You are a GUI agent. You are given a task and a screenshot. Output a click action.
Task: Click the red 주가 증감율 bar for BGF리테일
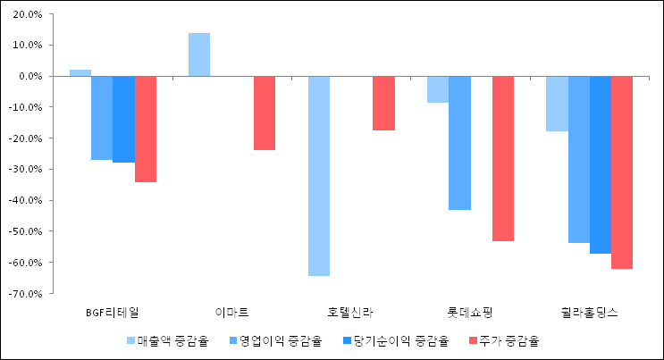pyautogui.click(x=146, y=129)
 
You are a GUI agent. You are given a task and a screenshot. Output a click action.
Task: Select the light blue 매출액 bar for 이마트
pyautogui.click(x=199, y=54)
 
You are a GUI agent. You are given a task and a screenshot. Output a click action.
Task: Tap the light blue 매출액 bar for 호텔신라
pyautogui.click(x=319, y=175)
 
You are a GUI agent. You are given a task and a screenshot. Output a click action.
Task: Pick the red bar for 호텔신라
pyautogui.click(x=383, y=103)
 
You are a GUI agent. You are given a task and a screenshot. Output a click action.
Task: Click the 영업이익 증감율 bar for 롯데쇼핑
pyautogui.click(x=459, y=143)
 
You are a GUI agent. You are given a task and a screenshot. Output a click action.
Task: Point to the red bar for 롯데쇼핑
pyautogui.click(x=503, y=158)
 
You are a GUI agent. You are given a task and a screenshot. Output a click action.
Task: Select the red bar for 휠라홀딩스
pyautogui.click(x=622, y=172)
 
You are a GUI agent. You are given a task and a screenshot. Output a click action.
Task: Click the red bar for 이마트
pyautogui.click(x=265, y=113)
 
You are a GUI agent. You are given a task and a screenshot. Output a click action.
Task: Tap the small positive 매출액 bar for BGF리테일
pyautogui.click(x=80, y=72)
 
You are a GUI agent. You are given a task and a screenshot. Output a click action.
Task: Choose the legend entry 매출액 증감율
pyautogui.click(x=166, y=340)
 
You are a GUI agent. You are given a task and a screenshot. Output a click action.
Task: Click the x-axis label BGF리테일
pyautogui.click(x=113, y=313)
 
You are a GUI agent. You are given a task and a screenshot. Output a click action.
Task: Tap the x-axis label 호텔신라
pyautogui.click(x=351, y=313)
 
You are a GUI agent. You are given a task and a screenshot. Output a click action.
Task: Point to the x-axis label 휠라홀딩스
pyautogui.click(x=589, y=313)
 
